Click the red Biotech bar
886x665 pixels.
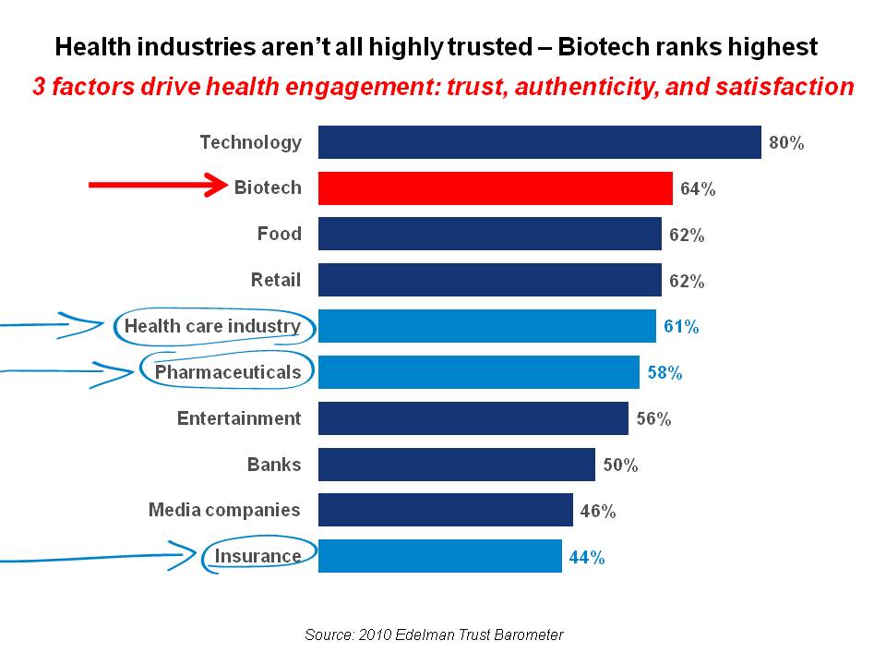tap(495, 188)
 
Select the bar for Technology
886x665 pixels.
tap(539, 142)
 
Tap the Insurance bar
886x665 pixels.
tap(439, 557)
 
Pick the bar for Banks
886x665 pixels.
tap(456, 465)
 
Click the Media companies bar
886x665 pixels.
tap(445, 511)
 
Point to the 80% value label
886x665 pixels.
tap(786, 143)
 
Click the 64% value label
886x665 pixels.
tap(698, 189)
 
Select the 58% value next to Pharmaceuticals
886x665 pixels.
tap(664, 373)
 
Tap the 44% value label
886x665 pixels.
tap(587, 558)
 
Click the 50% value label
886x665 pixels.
tap(620, 465)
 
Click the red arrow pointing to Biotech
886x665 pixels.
tap(158, 186)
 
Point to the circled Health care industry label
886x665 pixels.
tap(212, 326)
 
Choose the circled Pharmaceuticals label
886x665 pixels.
tap(228, 372)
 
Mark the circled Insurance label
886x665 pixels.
tap(257, 556)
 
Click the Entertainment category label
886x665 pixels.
tap(239, 418)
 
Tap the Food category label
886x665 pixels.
tap(279, 234)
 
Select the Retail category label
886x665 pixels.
tap(275, 280)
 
